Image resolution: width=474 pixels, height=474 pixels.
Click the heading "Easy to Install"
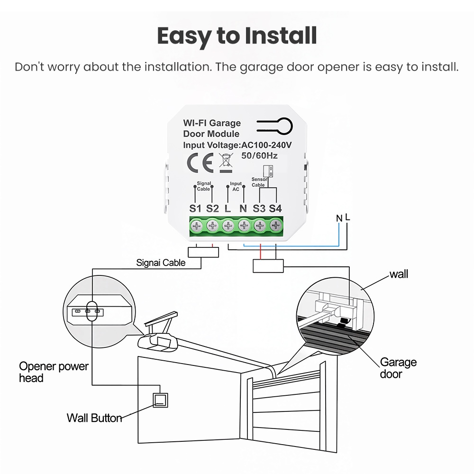coord(237,36)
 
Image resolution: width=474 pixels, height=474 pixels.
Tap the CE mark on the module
coord(200,163)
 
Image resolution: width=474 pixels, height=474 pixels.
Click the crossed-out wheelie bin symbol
coord(226,163)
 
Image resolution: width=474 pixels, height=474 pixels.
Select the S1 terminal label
coord(195,209)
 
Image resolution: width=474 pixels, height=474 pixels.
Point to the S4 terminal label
coord(275,209)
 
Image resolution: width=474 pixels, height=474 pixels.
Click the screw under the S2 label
coord(212,226)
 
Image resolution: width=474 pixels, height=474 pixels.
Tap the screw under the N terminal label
coord(244,226)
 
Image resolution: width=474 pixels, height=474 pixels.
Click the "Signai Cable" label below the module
coord(161,263)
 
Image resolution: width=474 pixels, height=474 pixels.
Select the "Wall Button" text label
coord(94,418)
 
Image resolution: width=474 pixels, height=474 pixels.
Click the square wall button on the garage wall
coord(160,400)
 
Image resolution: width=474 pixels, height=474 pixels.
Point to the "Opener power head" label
coord(54,372)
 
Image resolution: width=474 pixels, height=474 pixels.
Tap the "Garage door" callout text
coord(398,368)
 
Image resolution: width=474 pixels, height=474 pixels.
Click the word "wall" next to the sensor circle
coord(399,274)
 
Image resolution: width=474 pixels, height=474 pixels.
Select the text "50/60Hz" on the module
coord(259,155)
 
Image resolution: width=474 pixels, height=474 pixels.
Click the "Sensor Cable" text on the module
coord(259,182)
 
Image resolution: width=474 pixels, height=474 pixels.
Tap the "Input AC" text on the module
coord(236,186)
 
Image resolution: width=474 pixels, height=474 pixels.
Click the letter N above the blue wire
coord(339,218)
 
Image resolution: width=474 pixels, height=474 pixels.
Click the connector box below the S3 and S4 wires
coord(268,266)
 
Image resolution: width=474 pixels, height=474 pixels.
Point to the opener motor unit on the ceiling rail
coord(158,342)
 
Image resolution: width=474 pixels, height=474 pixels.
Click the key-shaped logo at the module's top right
coord(274,126)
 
